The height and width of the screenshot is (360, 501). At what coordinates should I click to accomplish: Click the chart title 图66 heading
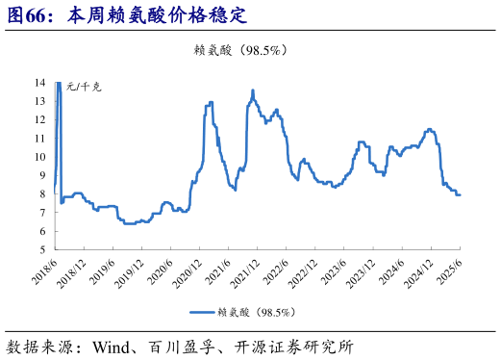tap(126, 16)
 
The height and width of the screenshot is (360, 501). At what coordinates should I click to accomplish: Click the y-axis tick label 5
tap(44, 249)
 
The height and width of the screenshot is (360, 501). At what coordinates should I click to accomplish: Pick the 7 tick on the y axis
tap(44, 213)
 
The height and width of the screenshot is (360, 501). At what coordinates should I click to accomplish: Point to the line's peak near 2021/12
tap(252, 90)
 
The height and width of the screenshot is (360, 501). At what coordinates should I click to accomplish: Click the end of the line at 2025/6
tap(460, 195)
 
